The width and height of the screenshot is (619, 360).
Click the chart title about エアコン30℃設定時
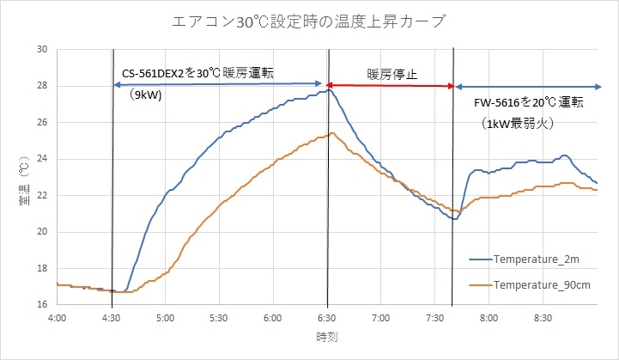309,21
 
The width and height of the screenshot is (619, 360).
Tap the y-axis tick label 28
41,86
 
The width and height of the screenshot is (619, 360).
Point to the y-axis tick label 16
41,305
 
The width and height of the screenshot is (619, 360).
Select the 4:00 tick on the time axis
58,318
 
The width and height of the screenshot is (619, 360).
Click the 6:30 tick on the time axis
327,318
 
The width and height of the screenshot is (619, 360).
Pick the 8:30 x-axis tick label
543,318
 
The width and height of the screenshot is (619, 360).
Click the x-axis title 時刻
326,338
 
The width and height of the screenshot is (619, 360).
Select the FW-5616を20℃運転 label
529,103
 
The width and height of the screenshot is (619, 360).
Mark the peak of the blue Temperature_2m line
327,90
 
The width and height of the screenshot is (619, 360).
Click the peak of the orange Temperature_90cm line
332,133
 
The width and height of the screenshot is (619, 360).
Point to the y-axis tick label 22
41,196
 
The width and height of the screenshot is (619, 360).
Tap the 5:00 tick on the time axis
166,318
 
